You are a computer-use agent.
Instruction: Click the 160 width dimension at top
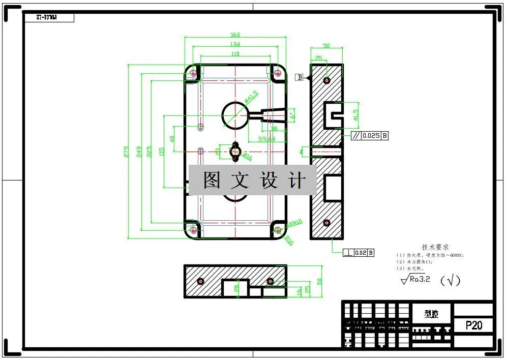coord(235,35)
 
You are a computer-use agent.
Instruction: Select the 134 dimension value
coord(235,44)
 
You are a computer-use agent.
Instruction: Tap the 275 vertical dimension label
coord(126,152)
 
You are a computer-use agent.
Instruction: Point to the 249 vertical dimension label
coord(138,152)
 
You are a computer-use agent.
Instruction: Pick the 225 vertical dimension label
coord(149,152)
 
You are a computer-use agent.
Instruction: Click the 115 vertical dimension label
coord(162,152)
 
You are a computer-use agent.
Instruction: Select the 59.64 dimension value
coord(267,139)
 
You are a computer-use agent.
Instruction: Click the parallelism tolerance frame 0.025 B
coord(370,136)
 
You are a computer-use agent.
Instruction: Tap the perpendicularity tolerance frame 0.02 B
coord(359,253)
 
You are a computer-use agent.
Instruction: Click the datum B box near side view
coord(300,77)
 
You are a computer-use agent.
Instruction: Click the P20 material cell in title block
coord(473,325)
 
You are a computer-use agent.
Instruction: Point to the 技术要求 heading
coord(435,247)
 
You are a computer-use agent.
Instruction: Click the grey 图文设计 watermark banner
coord(253,180)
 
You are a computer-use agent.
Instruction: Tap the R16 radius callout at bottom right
coord(289,240)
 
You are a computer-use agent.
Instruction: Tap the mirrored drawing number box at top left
coord(49,18)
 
